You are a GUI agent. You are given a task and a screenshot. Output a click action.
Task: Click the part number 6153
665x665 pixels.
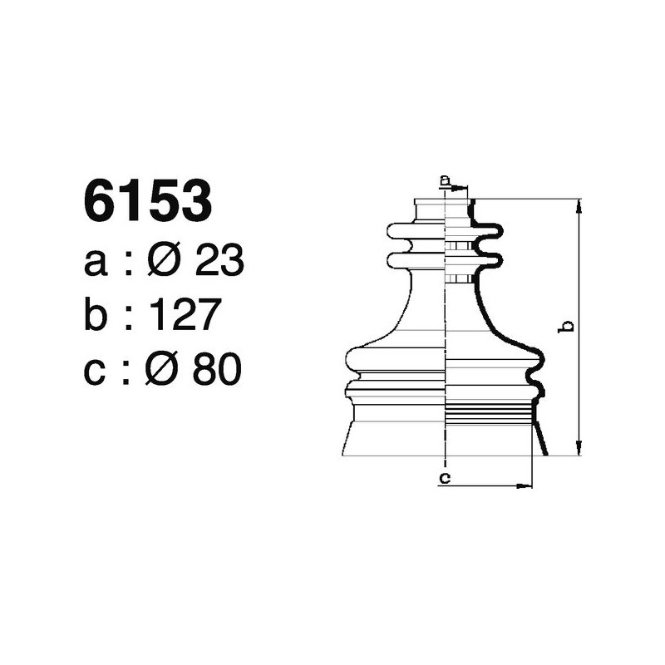pyautogui.click(x=147, y=202)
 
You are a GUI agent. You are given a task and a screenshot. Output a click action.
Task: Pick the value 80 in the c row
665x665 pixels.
pyautogui.click(x=217, y=370)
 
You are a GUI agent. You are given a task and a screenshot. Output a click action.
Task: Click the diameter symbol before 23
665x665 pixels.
pyautogui.click(x=165, y=263)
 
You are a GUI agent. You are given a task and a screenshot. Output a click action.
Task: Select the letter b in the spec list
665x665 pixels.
pyautogui.click(x=97, y=317)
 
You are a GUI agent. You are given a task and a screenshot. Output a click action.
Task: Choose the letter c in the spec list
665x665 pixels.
pyautogui.click(x=96, y=372)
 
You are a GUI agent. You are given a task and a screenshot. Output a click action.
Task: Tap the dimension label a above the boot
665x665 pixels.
pyautogui.click(x=445, y=180)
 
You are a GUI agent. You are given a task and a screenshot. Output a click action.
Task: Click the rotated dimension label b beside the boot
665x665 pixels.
pyautogui.click(x=565, y=326)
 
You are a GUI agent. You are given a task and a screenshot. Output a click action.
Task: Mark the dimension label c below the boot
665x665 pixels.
pyautogui.click(x=445, y=477)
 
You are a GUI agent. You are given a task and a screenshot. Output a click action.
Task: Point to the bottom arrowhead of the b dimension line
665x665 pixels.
pyautogui.click(x=579, y=450)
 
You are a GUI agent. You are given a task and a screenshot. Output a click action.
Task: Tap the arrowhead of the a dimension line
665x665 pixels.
pyautogui.click(x=464, y=189)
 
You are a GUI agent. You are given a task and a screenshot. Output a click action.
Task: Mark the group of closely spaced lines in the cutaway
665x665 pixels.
pyautogui.click(x=489, y=412)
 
